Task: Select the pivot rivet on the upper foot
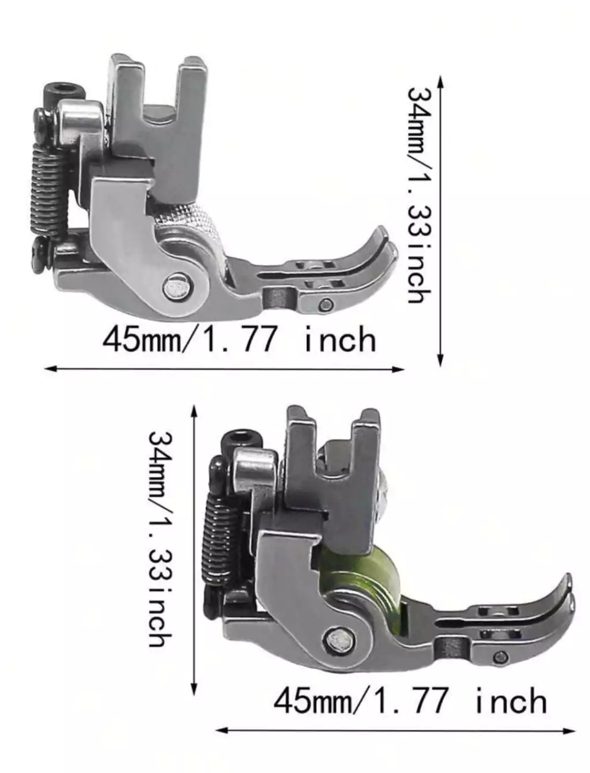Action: (x=175, y=287)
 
